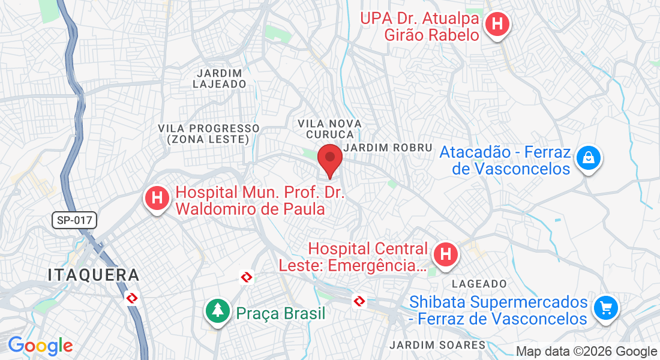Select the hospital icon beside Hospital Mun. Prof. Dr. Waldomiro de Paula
pos(157,198)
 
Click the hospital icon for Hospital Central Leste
pos(445,254)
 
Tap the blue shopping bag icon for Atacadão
pos(589,158)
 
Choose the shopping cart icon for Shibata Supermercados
pos(605,308)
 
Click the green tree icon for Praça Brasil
pos(217,311)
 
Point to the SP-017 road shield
pos(75,220)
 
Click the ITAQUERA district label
pos(94,275)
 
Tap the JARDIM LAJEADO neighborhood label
pos(219,79)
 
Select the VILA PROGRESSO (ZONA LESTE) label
pos(209,134)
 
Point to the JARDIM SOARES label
pos(437,345)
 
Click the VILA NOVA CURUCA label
pos(329,129)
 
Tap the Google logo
pos(40,346)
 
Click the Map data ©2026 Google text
pos(586,352)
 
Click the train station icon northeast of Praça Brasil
pos(246,277)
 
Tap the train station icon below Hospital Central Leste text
pos(359,301)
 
